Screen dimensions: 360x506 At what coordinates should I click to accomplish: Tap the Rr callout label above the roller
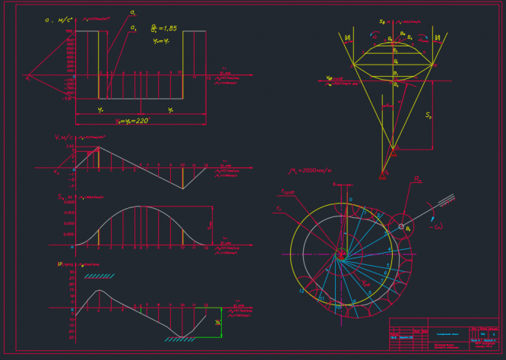click(416, 180)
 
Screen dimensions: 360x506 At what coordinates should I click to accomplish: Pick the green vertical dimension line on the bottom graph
click(221, 323)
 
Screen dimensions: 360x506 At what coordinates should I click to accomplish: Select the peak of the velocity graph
click(99, 146)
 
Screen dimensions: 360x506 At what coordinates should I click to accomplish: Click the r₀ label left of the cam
click(279, 208)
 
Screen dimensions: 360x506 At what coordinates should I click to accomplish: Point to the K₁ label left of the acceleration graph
click(27, 77)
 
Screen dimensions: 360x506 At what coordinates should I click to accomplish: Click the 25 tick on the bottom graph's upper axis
click(71, 279)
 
